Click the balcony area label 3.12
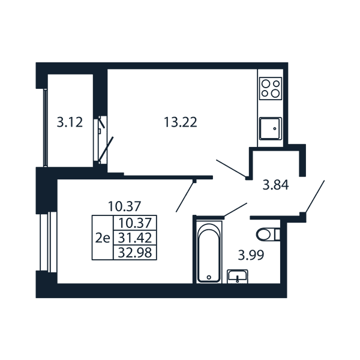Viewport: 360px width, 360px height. pos(70,122)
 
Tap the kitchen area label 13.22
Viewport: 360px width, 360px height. pos(181,122)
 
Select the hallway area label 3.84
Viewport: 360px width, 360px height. pos(275,185)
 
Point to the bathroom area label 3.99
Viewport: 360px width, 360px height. pos(251,256)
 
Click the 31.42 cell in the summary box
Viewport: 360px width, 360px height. pos(135,238)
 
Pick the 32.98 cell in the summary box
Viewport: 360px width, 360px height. pos(135,253)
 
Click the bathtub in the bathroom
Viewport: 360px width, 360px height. pos(209,253)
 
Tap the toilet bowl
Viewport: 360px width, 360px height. pos(268,235)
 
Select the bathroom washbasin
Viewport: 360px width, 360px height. pos(238,276)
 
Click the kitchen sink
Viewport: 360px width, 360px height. pos(270,128)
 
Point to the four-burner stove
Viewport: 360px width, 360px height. pos(271,88)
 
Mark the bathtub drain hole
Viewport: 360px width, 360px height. pos(209,277)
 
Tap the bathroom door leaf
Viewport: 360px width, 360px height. pos(235,209)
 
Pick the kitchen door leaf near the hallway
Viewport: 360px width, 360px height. pos(231,169)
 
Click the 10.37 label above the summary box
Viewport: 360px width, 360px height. pos(124,206)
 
